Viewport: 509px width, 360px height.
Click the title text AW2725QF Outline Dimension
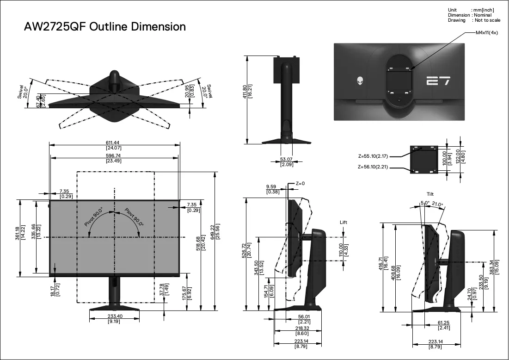pyautogui.click(x=105, y=27)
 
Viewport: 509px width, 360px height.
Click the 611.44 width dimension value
pyautogui.click(x=112, y=143)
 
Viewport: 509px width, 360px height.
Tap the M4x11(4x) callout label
pyautogui.click(x=487, y=33)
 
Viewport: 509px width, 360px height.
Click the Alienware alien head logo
pyautogui.click(x=361, y=81)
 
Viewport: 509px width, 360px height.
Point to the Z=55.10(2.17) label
pyautogui.click(x=373, y=156)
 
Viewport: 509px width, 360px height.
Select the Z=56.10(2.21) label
pyautogui.click(x=373, y=167)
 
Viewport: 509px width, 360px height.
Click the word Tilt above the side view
pyautogui.click(x=430, y=194)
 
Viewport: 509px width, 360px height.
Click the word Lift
pyautogui.click(x=343, y=222)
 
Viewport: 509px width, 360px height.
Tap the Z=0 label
pyautogui.click(x=300, y=184)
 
